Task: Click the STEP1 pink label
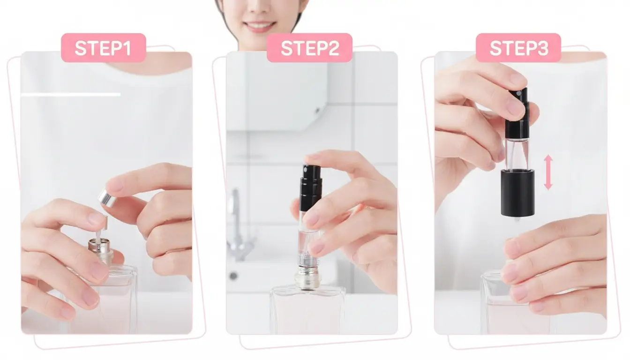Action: pyautogui.click(x=104, y=47)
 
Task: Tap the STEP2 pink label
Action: pyautogui.click(x=309, y=47)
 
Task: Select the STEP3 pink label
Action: pyautogui.click(x=518, y=47)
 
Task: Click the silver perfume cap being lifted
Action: pyautogui.click(x=107, y=197)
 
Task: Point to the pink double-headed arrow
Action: pyautogui.click(x=548, y=172)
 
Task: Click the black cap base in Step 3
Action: pyautogui.click(x=517, y=193)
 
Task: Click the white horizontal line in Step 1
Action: pyautogui.click(x=71, y=95)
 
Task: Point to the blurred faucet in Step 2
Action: pyautogui.click(x=239, y=225)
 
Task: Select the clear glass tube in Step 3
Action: pyautogui.click(x=517, y=153)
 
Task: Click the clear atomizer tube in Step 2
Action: pyautogui.click(x=308, y=239)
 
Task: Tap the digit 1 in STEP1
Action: pyautogui.click(x=126, y=48)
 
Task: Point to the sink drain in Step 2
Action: pyautogui.click(x=233, y=276)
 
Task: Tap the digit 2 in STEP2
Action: pyautogui.click(x=333, y=48)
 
